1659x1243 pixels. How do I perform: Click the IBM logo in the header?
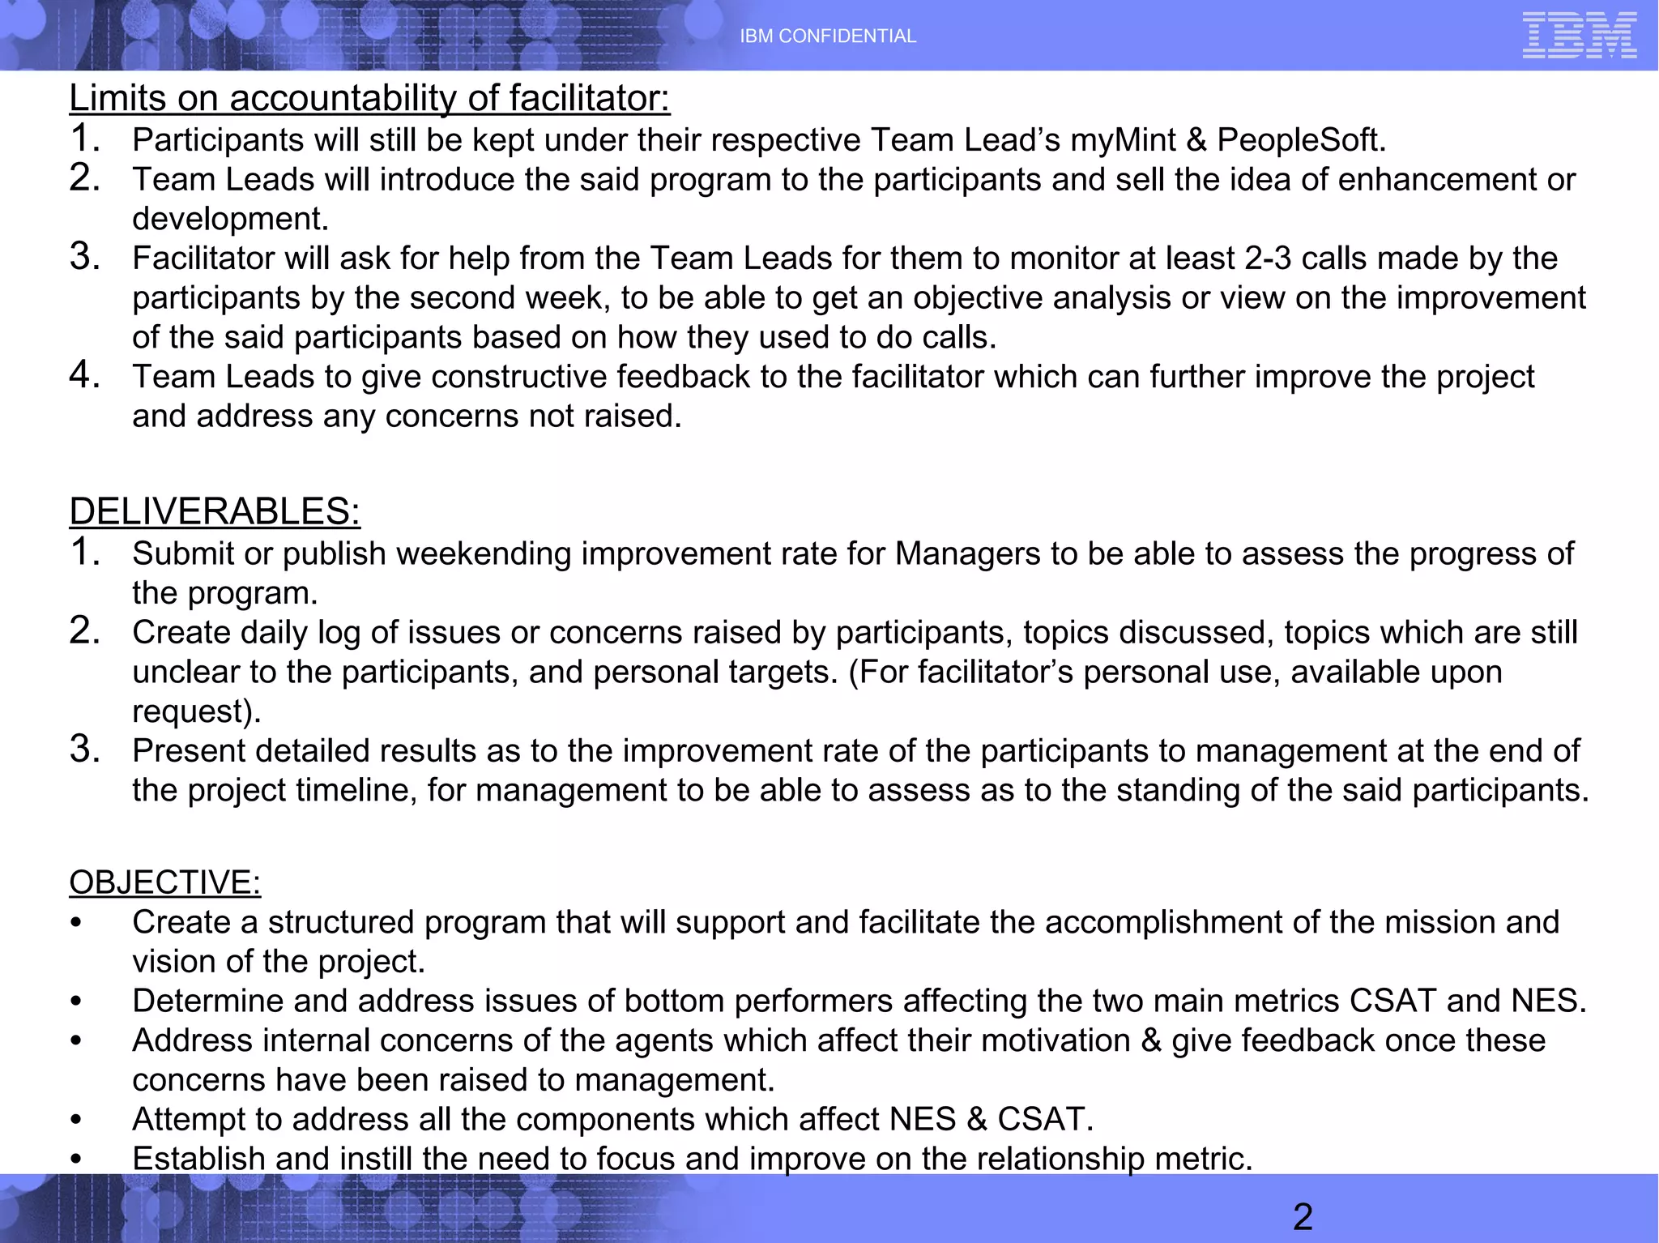[x=1579, y=36]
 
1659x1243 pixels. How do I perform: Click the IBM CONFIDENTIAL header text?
[x=828, y=36]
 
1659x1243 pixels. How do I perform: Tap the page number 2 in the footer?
[x=1303, y=1216]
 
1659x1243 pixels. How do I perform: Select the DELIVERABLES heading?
[x=215, y=511]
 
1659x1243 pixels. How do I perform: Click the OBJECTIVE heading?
[x=164, y=882]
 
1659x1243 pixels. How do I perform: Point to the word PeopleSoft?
[x=1301, y=140]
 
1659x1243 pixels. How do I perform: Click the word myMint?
[x=1123, y=140]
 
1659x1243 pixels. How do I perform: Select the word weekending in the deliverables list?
[x=483, y=553]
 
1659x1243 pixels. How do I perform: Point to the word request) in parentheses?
[x=197, y=711]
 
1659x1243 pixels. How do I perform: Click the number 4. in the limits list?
[x=84, y=375]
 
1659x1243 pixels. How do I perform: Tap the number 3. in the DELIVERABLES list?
[x=84, y=750]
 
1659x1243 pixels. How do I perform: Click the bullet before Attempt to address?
[x=76, y=1121]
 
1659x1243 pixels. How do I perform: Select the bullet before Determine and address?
[x=76, y=1002]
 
